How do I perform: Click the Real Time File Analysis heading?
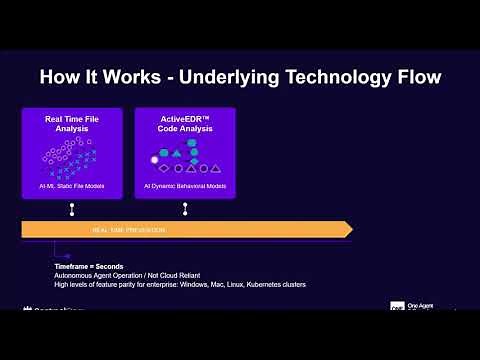(72, 125)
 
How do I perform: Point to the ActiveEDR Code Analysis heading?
(185, 125)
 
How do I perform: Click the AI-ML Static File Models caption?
(72, 187)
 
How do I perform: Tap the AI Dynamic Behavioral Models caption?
(185, 187)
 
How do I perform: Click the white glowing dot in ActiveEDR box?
(154, 159)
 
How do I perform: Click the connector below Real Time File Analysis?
(72, 209)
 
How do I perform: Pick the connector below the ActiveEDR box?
(185, 209)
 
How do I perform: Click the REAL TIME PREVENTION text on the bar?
(129, 230)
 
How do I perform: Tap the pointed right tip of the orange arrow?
(349, 230)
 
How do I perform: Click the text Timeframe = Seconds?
(89, 267)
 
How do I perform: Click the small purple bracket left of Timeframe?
(58, 257)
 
